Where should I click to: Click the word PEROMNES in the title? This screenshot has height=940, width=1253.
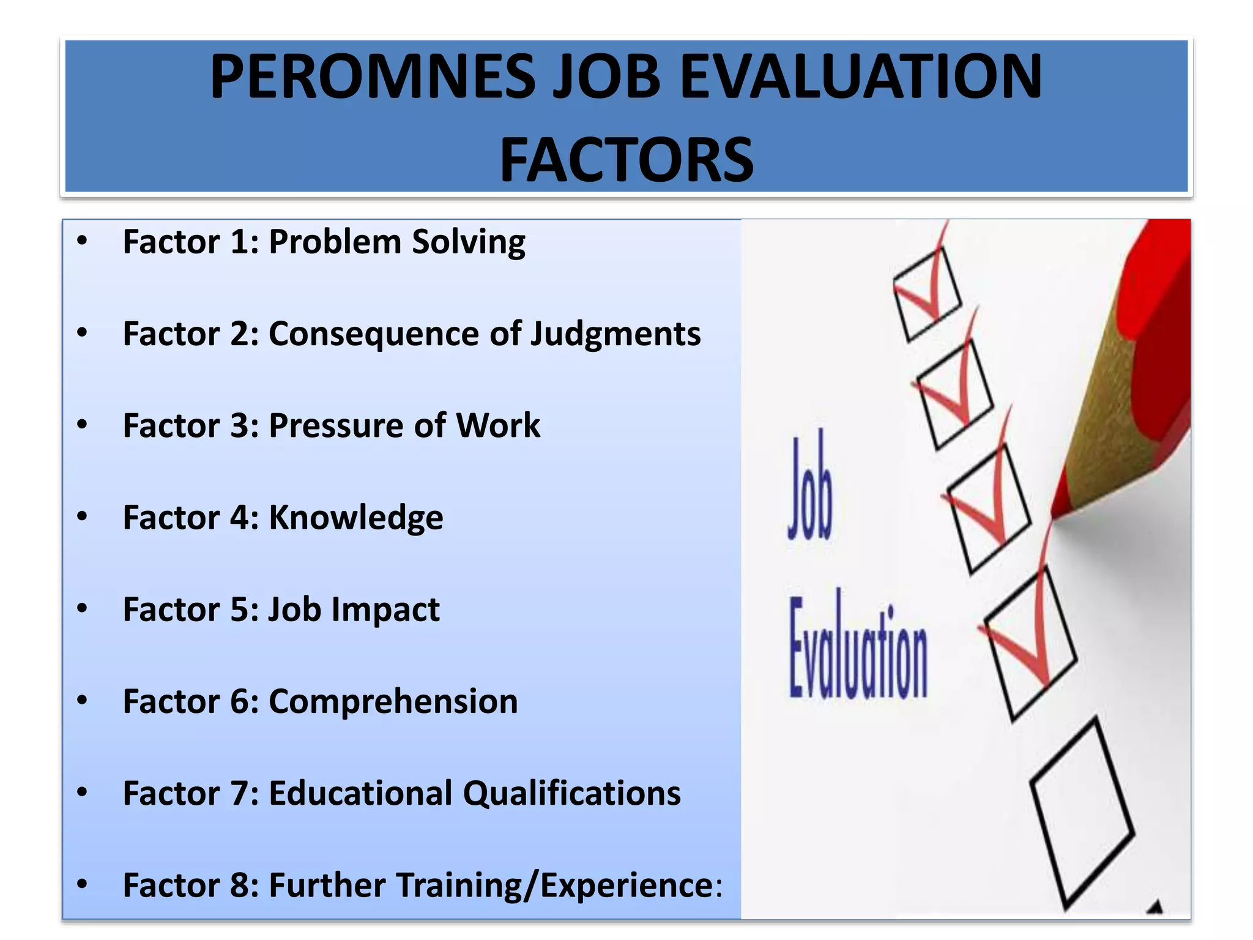pos(372,77)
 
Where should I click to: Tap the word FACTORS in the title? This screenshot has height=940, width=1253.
pos(626,160)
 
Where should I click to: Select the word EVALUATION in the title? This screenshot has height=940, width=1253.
pos(860,77)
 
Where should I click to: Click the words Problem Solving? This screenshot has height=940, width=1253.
pos(396,242)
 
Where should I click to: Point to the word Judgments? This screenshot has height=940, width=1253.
pos(615,334)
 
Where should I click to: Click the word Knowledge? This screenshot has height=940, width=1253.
pos(356,518)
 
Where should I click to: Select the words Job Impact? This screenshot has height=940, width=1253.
pos(354,610)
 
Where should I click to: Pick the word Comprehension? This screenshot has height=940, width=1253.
pos(393,702)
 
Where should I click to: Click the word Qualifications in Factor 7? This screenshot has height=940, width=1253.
pos(571,794)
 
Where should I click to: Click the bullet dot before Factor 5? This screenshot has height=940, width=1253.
pos(83,609)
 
